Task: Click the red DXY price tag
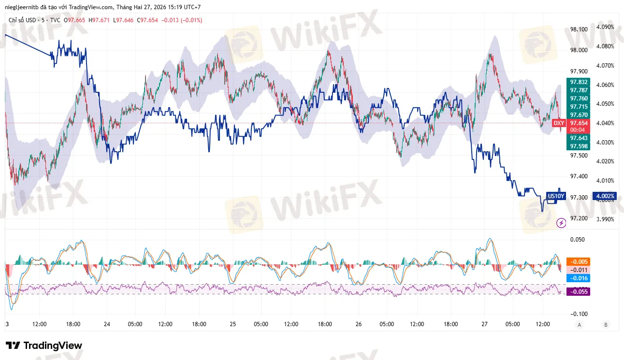click(559, 123)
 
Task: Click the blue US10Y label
click(555, 196)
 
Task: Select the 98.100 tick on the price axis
click(579, 29)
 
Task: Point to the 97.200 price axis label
click(579, 218)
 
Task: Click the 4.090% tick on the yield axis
click(605, 27)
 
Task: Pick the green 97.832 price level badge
click(579, 82)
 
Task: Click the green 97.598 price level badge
click(579, 146)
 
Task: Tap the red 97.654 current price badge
click(579, 123)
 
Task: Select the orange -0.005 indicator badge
click(579, 261)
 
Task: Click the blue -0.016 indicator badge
click(579, 278)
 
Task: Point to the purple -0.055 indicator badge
click(579, 291)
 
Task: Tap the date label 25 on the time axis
click(233, 324)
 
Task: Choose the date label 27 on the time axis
click(483, 324)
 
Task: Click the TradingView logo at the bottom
click(44, 346)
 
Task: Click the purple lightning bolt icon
click(561, 223)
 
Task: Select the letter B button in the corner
click(605, 325)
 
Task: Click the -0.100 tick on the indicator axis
click(579, 314)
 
